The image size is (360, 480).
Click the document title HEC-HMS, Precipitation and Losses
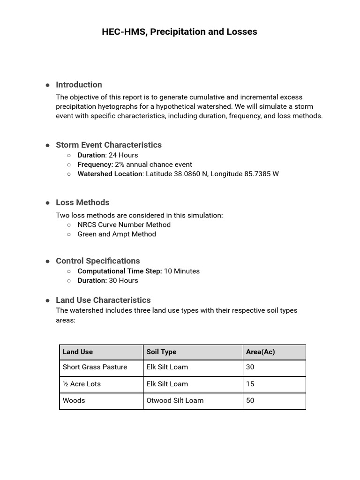(x=180, y=32)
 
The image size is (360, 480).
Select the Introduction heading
(x=79, y=85)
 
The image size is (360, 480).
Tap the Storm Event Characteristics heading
(x=108, y=145)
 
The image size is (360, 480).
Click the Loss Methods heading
(x=82, y=202)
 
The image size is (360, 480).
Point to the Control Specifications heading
(x=97, y=261)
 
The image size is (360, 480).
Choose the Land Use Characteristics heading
(x=103, y=300)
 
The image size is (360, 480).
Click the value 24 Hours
(x=123, y=155)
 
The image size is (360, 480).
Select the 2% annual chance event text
(x=153, y=165)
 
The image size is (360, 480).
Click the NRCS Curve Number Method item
(x=124, y=225)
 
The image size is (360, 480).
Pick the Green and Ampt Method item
(x=117, y=234)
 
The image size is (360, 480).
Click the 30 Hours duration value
(x=124, y=280)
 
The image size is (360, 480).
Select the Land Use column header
(x=78, y=352)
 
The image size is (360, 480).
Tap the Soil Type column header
(x=161, y=352)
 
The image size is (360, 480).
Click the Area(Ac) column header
(x=260, y=352)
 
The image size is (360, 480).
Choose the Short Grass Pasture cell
(x=95, y=367)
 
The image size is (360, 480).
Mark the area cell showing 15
(x=250, y=384)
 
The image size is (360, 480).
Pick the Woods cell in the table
(x=74, y=400)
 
